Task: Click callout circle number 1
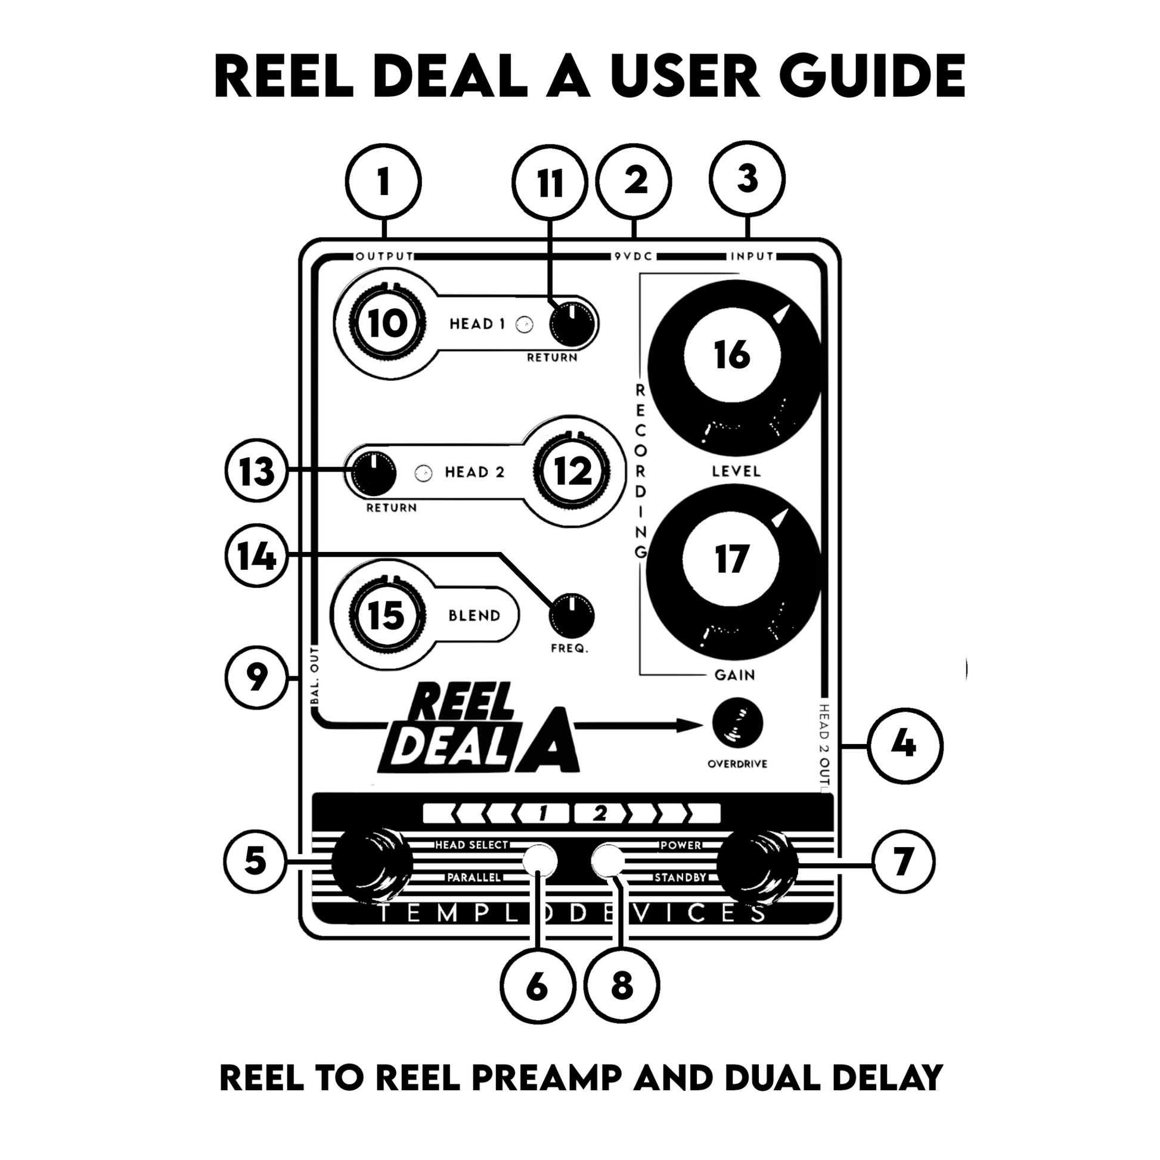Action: click(383, 181)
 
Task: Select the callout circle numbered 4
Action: click(903, 746)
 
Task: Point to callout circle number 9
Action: click(256, 678)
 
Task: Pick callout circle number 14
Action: click(256, 556)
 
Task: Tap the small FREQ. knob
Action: click(572, 616)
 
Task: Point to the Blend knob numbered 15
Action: click(387, 616)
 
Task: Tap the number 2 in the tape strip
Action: click(600, 814)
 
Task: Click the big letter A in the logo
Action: click(547, 742)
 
